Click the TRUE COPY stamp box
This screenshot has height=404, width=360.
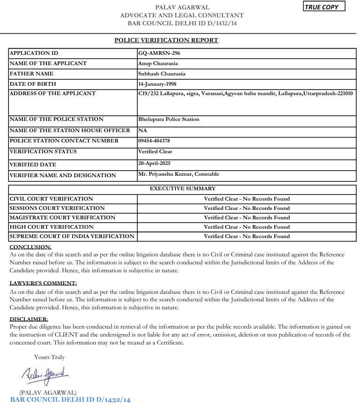coord(323,7)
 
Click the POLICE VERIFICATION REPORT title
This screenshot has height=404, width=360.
coord(166,40)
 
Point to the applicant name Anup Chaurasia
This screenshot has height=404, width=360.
coord(158,63)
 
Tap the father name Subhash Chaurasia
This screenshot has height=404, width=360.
coord(162,74)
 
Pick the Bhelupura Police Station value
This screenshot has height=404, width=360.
coord(169,119)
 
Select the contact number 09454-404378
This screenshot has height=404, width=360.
coord(154,141)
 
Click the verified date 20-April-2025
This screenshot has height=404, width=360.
coord(154,163)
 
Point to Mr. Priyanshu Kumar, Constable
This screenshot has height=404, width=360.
coord(179,174)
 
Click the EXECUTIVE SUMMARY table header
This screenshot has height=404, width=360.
coord(182,189)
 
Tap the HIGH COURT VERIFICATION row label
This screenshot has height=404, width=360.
coord(51,227)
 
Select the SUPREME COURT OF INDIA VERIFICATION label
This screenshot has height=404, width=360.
coord(72,236)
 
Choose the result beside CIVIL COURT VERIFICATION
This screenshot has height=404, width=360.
coord(247,199)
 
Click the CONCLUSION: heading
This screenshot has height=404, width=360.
coord(30,247)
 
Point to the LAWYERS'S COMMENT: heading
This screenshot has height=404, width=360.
coord(43,283)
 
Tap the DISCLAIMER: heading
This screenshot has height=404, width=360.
coord(29,319)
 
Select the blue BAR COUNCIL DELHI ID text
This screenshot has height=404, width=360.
coord(70,399)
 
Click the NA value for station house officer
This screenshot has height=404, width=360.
coord(142,130)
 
